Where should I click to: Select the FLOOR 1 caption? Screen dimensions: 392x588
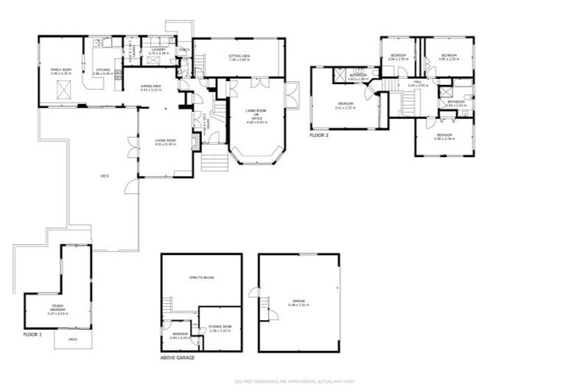pos(31,335)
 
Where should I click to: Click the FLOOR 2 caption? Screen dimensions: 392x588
pos(318,135)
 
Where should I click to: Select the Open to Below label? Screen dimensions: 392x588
pos(202,277)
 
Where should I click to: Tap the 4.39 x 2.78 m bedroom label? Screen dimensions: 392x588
pos(443,137)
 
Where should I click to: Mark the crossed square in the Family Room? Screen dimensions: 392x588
pos(64,93)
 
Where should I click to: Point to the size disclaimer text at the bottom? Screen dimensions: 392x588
pos(294,381)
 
